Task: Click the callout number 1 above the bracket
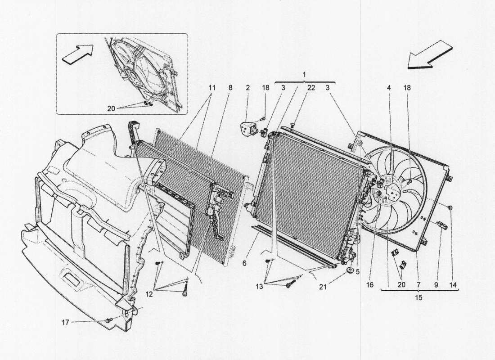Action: (304, 73)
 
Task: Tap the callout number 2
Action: (247, 88)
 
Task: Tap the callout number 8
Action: (230, 88)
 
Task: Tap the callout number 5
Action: (358, 271)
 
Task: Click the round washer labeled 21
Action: (349, 271)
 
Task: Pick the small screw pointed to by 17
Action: (108, 320)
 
